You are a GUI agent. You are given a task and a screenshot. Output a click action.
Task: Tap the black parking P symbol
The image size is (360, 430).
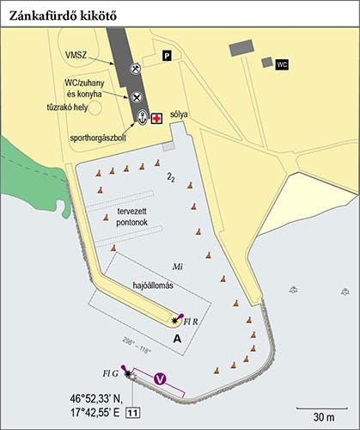click(x=168, y=57)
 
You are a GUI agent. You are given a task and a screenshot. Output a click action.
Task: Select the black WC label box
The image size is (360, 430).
click(x=281, y=64)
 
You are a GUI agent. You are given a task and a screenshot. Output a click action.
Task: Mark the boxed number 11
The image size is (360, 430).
click(x=133, y=415)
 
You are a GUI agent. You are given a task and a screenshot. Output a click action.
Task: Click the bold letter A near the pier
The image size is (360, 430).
click(x=178, y=341)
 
